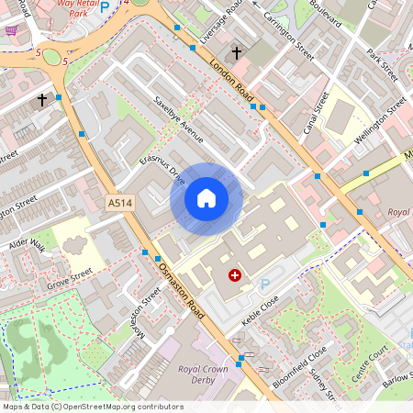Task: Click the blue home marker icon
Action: coord(206,197)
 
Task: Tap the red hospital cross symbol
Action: coord(235,274)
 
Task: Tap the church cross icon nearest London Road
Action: coord(236,53)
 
